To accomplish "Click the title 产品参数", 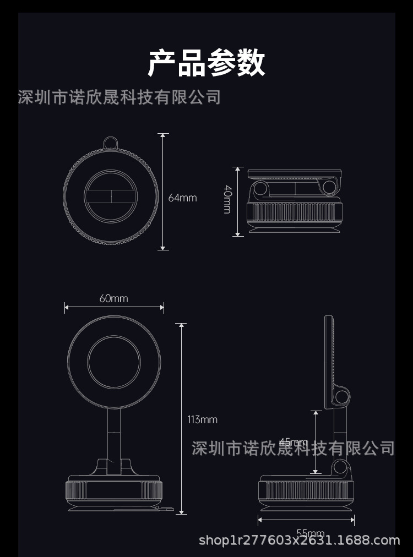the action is [x=206, y=63].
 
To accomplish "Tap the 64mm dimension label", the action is [x=182, y=198].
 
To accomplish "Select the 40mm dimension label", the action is [x=227, y=199].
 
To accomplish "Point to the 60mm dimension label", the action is [x=113, y=298].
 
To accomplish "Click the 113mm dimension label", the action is [x=202, y=419].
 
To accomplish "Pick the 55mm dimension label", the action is [x=309, y=533].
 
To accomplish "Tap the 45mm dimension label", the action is [x=292, y=442].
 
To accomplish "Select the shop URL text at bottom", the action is [x=299, y=540].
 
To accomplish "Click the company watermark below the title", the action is [x=119, y=97].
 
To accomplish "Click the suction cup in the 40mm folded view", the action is [x=293, y=228].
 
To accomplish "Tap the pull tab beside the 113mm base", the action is [x=166, y=508].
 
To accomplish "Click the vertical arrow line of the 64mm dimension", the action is [x=163, y=191].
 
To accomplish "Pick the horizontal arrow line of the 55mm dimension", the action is [x=306, y=520].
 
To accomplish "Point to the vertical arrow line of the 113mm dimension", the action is [x=182, y=418].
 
